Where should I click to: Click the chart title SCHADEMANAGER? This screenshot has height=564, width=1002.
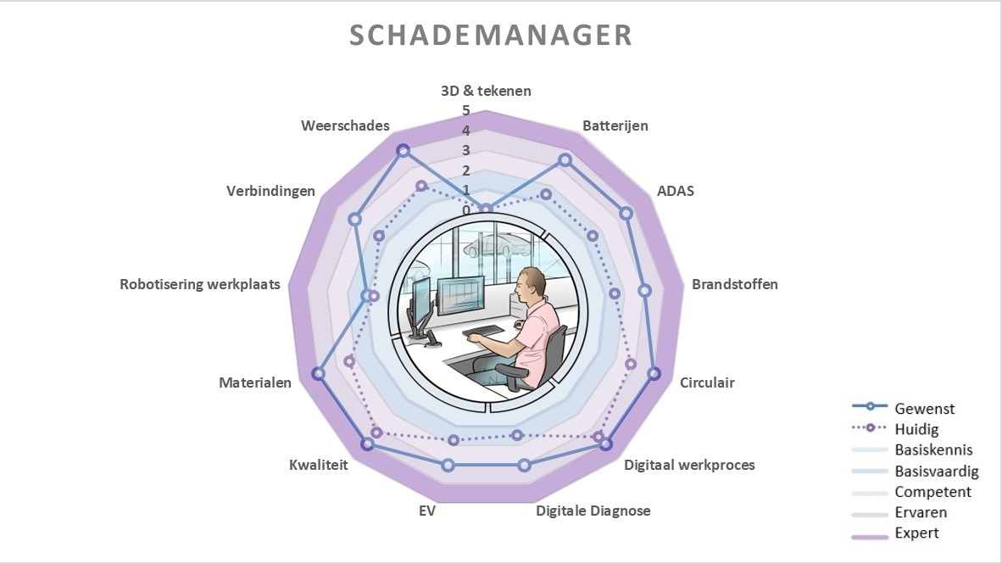491,35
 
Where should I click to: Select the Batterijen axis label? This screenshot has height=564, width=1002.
615,126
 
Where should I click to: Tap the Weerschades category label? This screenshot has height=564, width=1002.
345,126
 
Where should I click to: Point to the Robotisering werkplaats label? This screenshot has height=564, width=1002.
200,285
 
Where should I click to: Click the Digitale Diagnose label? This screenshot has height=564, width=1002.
593,511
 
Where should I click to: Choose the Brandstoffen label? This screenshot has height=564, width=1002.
734,284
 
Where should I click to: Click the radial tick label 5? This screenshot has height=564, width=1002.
465,110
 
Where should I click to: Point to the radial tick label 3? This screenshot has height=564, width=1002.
465,151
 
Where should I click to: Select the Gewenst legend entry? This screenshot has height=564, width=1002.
924,409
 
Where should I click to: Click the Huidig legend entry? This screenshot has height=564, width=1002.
916,429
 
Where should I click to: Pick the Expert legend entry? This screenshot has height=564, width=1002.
916,533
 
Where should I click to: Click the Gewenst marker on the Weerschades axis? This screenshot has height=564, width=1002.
404,151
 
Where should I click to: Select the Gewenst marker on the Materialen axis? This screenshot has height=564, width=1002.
318,373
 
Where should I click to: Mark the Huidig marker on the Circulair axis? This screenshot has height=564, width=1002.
631,365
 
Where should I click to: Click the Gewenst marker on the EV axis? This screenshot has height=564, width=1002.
448,465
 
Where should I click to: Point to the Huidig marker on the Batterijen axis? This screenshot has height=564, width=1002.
546,195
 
